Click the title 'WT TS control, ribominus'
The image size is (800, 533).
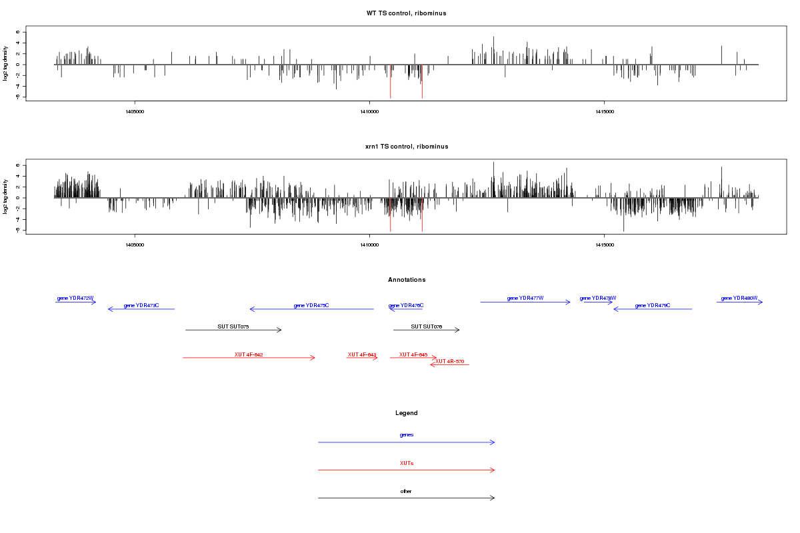click(407, 13)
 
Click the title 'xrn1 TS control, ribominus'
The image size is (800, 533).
click(407, 146)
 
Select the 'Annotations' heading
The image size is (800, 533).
click(407, 280)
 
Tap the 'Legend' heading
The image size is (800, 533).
click(407, 413)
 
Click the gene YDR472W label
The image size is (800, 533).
click(75, 298)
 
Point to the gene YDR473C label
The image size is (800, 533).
click(141, 305)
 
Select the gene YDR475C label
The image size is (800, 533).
click(311, 305)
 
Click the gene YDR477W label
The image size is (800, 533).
click(525, 298)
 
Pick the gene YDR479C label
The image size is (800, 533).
click(653, 305)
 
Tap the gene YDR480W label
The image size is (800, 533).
click(739, 298)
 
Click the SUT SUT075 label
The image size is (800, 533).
click(233, 326)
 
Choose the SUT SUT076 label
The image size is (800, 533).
click(427, 326)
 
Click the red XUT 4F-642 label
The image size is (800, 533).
click(249, 354)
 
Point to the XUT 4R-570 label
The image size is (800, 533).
click(450, 361)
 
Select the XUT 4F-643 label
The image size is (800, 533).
click(362, 354)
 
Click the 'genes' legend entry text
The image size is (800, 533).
click(407, 434)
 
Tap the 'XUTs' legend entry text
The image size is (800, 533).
click(407, 462)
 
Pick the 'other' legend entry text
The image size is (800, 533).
click(407, 491)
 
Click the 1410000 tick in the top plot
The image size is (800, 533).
click(369, 111)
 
